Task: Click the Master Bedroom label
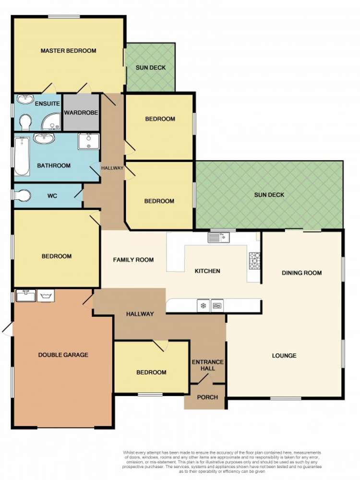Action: point(68,51)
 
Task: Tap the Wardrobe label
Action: point(81,113)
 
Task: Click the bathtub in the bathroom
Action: point(21,156)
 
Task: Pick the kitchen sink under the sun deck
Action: point(219,237)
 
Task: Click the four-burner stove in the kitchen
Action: point(254,260)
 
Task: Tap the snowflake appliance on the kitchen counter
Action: point(204,305)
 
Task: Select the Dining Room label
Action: point(301,273)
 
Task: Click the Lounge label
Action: point(284,356)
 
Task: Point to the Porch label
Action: point(207,397)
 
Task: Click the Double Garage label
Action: point(63,355)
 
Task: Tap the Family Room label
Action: point(133,260)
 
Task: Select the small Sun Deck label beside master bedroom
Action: point(150,68)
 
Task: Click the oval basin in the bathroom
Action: point(45,139)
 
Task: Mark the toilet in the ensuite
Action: point(26,121)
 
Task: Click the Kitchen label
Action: point(207,271)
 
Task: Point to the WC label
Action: point(52,196)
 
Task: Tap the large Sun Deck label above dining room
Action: point(269,195)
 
